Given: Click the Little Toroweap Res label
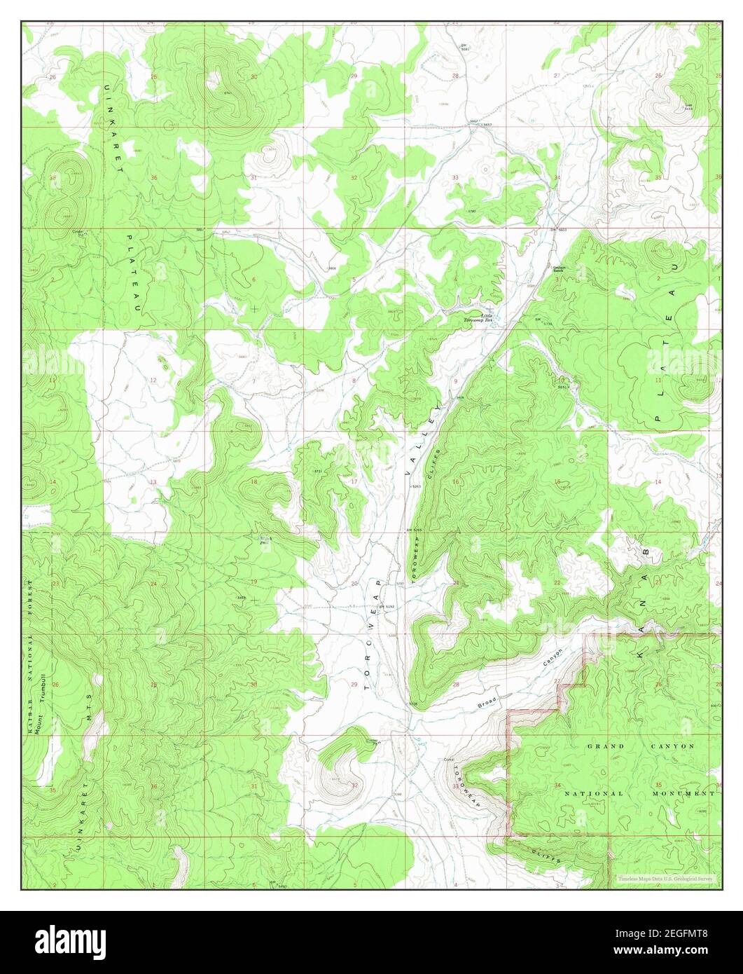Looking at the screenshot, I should pyautogui.click(x=478, y=318).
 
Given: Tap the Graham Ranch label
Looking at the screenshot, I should pyautogui.click(x=559, y=269).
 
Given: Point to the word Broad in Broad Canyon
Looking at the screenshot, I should pyautogui.click(x=487, y=699).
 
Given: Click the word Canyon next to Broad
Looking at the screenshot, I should pyautogui.click(x=553, y=656).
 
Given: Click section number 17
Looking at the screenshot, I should pyautogui.click(x=354, y=481).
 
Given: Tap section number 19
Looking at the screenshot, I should pyautogui.click(x=254, y=582).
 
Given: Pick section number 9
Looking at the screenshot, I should pyautogui.click(x=456, y=380).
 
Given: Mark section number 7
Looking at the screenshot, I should pyautogui.click(x=254, y=381).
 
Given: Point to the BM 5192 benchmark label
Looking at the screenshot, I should pyautogui.click(x=387, y=607).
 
